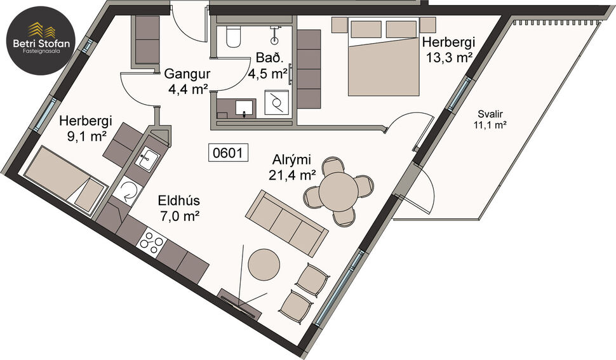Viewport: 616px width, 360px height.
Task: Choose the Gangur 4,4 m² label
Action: point(187,81)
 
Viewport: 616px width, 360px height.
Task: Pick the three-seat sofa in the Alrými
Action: point(287,220)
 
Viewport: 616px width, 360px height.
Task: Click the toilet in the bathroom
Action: point(231,37)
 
